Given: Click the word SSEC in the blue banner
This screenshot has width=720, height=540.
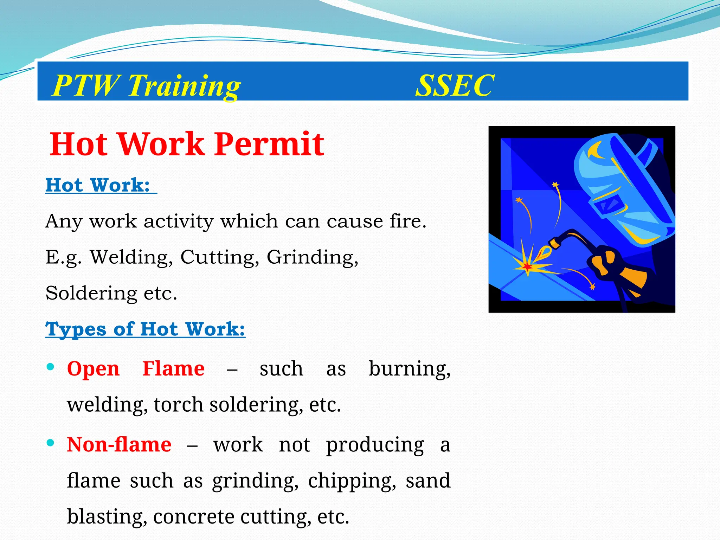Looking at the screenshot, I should (x=455, y=85).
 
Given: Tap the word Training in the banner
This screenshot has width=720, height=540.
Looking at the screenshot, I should (x=184, y=86).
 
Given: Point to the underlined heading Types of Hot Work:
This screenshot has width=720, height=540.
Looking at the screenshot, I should (x=145, y=329).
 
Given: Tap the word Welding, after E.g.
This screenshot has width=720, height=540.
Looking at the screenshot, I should (x=131, y=257).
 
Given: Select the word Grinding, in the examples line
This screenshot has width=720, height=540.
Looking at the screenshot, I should (x=313, y=258).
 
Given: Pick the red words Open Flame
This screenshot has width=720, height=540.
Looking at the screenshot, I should (x=136, y=369).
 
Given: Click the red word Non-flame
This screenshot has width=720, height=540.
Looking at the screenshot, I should (x=119, y=445).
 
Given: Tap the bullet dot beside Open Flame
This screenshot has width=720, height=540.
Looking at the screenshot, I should (x=50, y=367).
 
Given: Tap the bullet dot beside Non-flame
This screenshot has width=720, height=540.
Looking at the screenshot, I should (x=50, y=443).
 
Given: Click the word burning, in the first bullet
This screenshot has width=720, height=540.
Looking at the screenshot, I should (x=409, y=369).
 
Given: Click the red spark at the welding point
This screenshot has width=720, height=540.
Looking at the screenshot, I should (x=527, y=267).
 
